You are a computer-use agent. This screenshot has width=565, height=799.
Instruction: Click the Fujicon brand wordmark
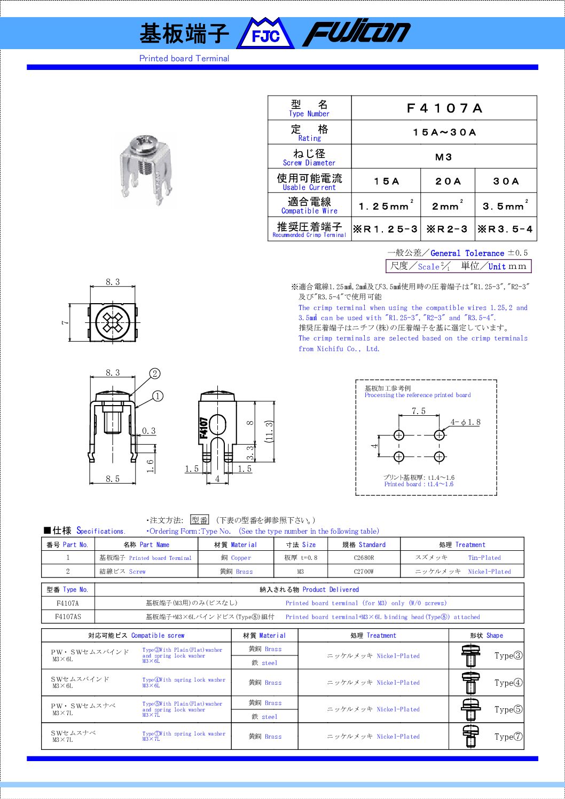point(357,33)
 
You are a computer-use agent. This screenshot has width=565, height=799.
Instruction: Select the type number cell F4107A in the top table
point(444,108)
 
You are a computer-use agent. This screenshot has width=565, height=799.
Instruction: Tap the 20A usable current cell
point(448,181)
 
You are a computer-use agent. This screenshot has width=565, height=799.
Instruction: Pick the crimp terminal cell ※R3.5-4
point(505,230)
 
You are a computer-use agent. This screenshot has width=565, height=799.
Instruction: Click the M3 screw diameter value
point(444,157)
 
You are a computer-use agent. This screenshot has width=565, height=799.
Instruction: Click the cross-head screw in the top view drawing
point(113,322)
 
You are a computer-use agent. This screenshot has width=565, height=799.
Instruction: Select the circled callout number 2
point(155,374)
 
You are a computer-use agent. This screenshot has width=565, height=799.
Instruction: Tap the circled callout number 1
point(158,396)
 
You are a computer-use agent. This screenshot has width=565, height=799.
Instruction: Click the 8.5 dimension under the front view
point(113,479)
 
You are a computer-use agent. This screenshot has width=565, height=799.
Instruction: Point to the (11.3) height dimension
point(269,431)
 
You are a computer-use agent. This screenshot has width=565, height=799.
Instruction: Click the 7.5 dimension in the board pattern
point(419,411)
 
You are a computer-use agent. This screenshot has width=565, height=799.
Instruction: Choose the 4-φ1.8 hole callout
point(465,422)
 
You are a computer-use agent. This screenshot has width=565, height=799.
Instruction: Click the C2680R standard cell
point(364,558)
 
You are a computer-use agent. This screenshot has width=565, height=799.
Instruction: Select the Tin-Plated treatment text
point(484,558)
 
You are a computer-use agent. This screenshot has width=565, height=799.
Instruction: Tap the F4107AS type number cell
point(68,616)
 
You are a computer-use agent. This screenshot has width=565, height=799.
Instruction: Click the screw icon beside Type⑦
point(470,737)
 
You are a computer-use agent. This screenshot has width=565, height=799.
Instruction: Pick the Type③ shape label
point(508,655)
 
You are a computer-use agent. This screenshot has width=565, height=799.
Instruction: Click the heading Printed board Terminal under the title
point(184,59)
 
